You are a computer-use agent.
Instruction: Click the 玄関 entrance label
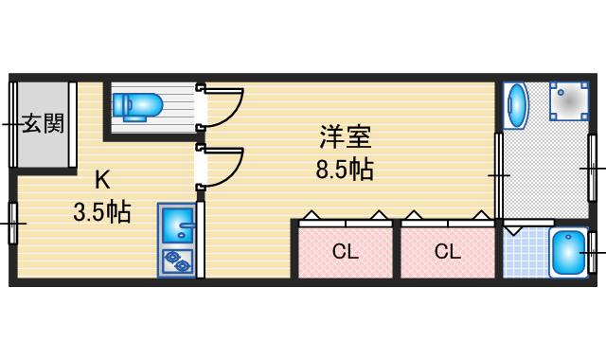point(44,123)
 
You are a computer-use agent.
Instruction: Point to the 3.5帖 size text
point(101,211)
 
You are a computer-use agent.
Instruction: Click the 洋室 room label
point(344,138)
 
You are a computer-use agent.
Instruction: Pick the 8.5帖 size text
point(344,171)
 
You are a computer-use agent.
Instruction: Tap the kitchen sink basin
point(176,225)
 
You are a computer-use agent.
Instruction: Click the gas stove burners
point(176,260)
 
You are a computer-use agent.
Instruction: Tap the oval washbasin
point(516,106)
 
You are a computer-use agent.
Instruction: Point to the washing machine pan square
point(569,100)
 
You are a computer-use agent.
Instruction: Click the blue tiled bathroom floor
point(524,254)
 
